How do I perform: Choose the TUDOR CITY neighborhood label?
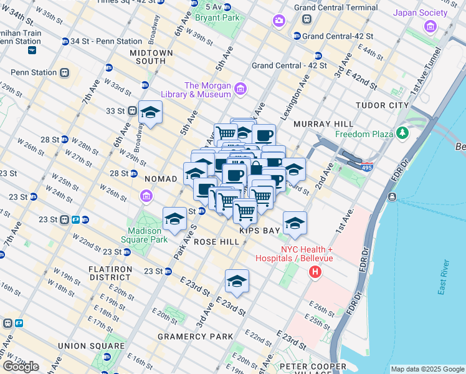tap(382, 105)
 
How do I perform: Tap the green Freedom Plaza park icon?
tap(402, 133)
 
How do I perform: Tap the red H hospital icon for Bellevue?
tap(316, 272)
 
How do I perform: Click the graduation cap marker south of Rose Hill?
tap(237, 282)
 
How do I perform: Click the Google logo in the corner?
tap(21, 366)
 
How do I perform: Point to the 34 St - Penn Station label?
tap(106, 41)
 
